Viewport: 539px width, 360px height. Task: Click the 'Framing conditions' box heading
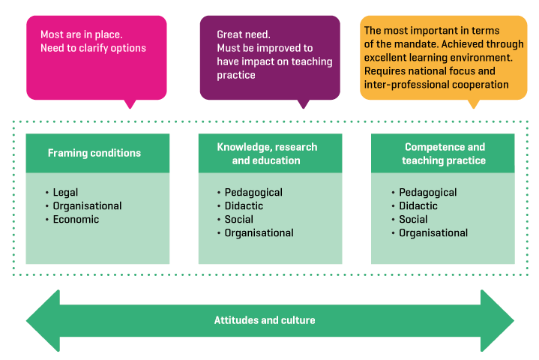(x=94, y=153)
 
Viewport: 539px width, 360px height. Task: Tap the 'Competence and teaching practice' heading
(x=444, y=154)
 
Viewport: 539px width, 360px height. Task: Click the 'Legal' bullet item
(x=65, y=193)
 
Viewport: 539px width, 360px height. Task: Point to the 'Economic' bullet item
(x=76, y=220)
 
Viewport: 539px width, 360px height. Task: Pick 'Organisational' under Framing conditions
(x=87, y=206)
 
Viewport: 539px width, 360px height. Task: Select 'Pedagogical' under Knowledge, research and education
(x=253, y=193)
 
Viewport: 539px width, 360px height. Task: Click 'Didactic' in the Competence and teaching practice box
(x=418, y=206)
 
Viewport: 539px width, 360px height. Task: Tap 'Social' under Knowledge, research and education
(x=239, y=220)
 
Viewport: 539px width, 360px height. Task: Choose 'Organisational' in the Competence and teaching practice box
(x=433, y=233)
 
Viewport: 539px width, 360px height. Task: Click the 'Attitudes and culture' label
(x=265, y=320)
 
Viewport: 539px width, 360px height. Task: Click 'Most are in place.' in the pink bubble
(x=82, y=34)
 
